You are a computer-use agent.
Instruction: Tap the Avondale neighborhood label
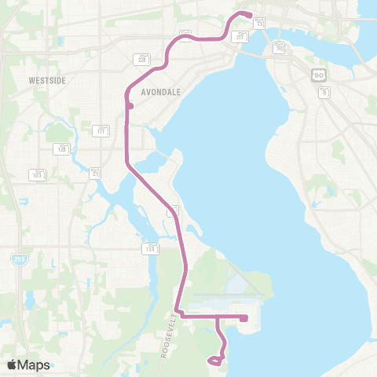tap(160, 92)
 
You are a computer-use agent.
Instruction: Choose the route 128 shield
tap(61, 148)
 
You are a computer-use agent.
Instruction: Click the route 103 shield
tap(38, 174)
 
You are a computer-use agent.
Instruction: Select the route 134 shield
tap(149, 248)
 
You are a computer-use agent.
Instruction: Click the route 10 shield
tap(280, 47)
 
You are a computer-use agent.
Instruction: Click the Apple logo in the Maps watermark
tap(13, 364)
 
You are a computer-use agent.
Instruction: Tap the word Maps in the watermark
tap(35, 364)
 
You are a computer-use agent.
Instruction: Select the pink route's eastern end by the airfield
tap(245, 318)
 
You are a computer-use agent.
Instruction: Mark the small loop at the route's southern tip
tap(214, 361)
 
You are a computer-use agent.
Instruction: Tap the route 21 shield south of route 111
tap(96, 173)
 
